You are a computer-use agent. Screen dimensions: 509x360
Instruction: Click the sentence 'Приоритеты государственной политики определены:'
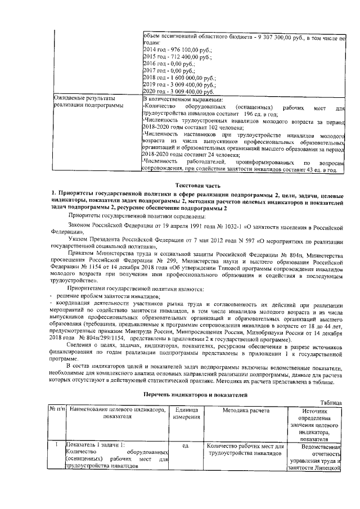[138, 215]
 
